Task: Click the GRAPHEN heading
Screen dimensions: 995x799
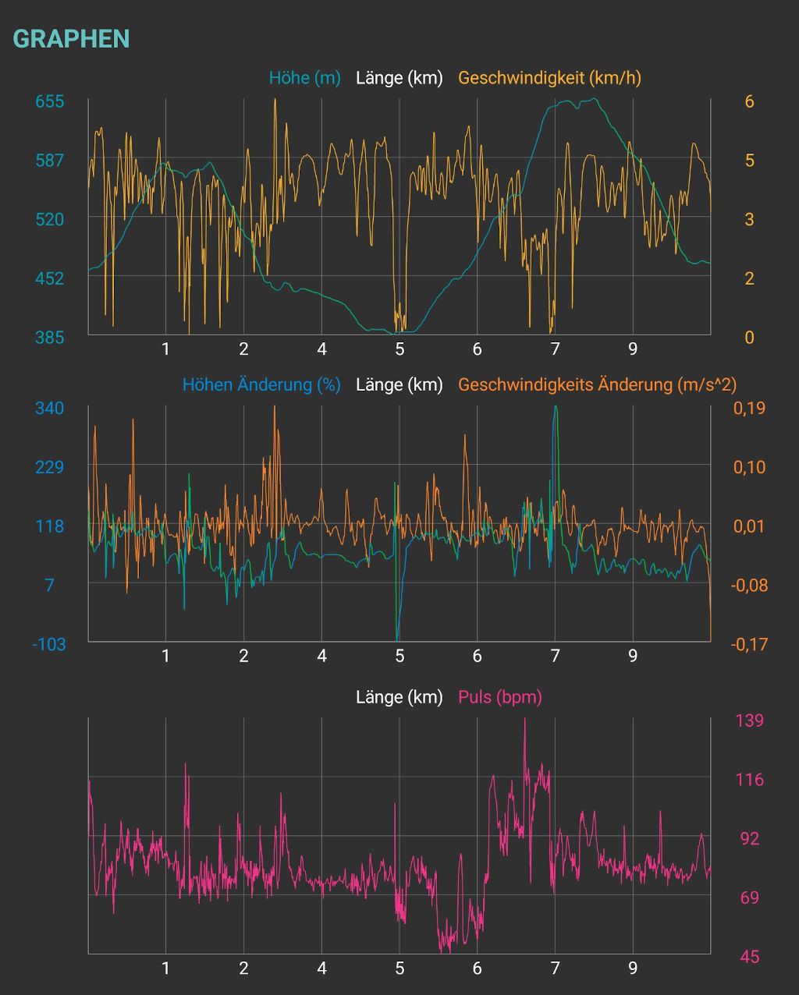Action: point(71,39)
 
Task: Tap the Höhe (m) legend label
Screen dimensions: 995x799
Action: point(304,78)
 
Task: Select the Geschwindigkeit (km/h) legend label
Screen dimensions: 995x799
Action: point(549,78)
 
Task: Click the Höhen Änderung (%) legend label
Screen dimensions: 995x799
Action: point(261,384)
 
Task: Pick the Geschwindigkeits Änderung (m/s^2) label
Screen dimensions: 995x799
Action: point(597,384)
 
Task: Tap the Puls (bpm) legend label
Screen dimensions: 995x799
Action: point(499,697)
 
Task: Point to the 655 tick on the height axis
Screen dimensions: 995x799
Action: point(50,101)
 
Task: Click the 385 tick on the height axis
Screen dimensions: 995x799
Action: point(50,337)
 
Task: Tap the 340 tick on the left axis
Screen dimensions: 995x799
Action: point(50,408)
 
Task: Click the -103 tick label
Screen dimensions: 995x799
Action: point(48,644)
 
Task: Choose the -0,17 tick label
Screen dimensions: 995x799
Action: point(749,644)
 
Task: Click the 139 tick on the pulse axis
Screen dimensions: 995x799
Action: point(749,721)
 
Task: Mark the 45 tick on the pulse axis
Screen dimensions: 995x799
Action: point(749,957)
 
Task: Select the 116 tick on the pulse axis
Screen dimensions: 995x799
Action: point(749,780)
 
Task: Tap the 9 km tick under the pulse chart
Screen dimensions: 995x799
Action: point(633,968)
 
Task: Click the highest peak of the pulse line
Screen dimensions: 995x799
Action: point(524,719)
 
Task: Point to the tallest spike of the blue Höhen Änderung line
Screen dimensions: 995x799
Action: point(555,406)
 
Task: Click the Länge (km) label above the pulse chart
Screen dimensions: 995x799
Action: point(399,697)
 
